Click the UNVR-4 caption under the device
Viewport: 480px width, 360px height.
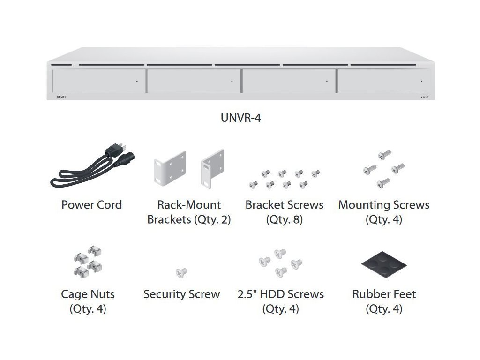[240, 118]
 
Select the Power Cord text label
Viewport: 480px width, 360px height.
[91, 205]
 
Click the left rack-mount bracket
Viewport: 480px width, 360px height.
[170, 169]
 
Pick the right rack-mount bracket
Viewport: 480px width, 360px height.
[213, 167]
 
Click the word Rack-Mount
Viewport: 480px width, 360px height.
[189, 205]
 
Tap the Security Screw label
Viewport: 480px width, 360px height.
[181, 294]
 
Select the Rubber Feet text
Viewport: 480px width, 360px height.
[384, 294]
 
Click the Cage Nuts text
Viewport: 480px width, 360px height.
[88, 294]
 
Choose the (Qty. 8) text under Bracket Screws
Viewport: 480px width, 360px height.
[284, 219]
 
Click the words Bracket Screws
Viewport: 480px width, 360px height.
[284, 205]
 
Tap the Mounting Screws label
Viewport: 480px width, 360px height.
[383, 205]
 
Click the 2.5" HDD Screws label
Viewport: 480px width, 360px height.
[280, 294]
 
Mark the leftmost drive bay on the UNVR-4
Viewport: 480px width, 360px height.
[98, 81]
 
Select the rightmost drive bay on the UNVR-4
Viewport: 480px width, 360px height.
[383, 81]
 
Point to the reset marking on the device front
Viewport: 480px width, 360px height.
[423, 97]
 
